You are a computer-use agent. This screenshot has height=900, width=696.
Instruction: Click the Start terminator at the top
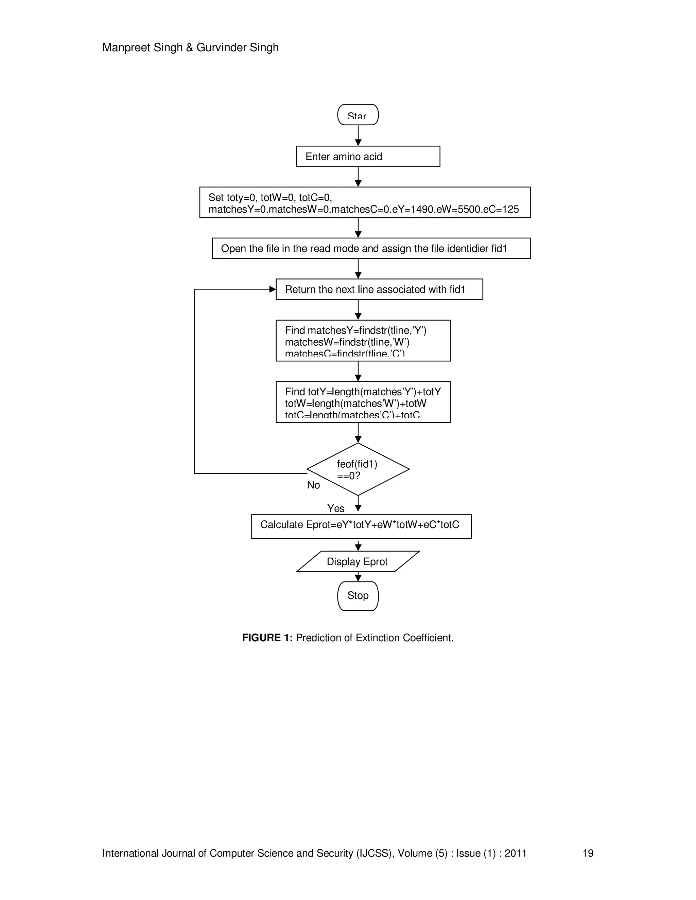click(358, 115)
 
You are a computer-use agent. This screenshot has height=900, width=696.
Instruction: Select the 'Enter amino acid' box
click(368, 157)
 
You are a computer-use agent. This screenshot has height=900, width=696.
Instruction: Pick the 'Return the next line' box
click(379, 289)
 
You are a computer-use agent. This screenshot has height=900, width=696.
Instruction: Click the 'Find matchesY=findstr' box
click(363, 340)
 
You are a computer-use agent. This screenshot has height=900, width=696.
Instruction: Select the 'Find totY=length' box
click(363, 402)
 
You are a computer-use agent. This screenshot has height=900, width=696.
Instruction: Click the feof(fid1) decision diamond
click(358, 469)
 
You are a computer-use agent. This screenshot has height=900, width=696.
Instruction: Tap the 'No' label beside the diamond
click(313, 485)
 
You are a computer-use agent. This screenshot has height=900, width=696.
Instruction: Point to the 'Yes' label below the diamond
click(336, 508)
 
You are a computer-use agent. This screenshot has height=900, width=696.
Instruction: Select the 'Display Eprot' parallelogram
click(357, 562)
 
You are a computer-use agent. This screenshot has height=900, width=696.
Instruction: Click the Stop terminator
click(358, 596)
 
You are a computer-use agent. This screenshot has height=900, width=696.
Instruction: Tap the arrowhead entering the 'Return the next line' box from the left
click(272, 289)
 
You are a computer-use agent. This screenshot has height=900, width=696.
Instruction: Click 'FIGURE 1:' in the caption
click(267, 638)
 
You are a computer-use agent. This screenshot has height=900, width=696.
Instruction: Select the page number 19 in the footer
click(588, 853)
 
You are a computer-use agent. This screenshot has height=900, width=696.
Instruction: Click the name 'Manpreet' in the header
click(126, 48)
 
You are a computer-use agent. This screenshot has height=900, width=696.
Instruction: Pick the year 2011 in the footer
click(516, 853)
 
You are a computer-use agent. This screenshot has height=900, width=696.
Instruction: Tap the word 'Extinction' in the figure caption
click(378, 638)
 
